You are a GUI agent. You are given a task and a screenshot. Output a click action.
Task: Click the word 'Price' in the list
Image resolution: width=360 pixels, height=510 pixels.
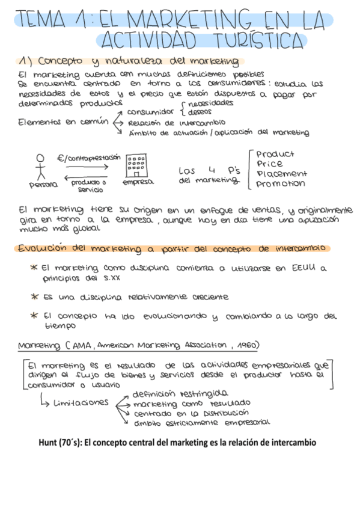coord(269,164)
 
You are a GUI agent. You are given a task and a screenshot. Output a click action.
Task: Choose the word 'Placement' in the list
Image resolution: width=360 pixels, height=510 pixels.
coord(281,174)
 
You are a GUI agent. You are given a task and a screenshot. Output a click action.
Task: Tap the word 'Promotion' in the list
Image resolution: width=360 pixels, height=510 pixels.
coord(280,183)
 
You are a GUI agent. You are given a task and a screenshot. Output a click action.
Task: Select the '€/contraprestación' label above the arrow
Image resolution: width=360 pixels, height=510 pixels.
coord(85,158)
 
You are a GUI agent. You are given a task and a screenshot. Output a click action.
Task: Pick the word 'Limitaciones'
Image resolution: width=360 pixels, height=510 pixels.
coord(81,402)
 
